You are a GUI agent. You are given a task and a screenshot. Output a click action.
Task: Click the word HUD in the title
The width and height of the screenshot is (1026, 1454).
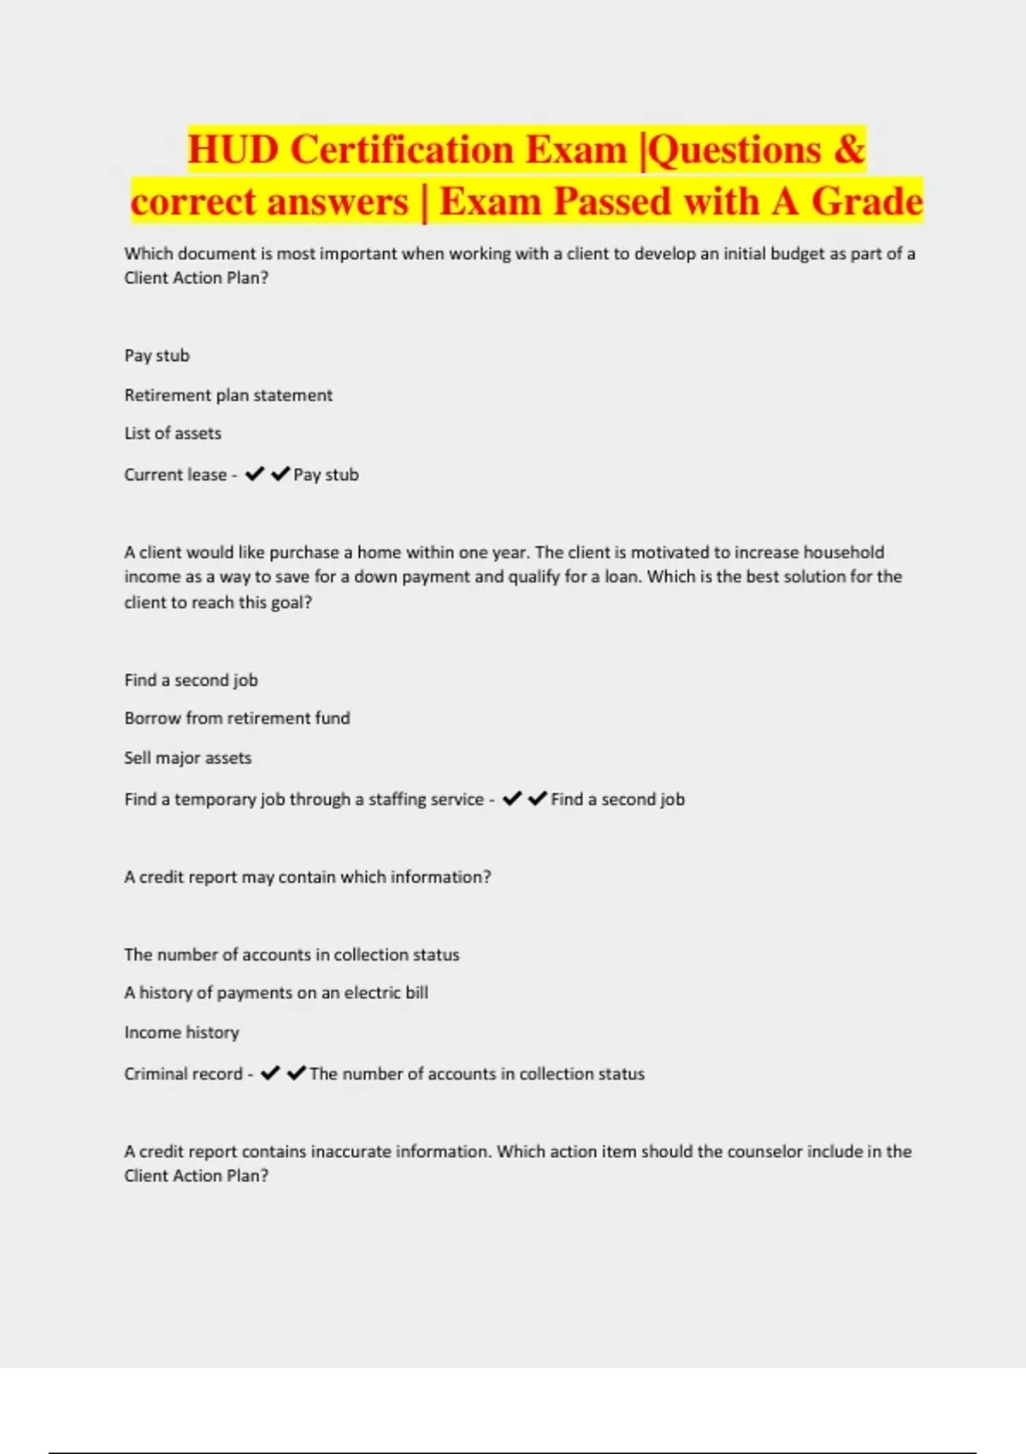[x=233, y=150]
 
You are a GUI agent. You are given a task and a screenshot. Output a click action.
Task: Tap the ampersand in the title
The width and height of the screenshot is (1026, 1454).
[x=848, y=150]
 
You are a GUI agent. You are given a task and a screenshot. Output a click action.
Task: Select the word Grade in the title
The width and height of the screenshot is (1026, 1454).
[x=867, y=202]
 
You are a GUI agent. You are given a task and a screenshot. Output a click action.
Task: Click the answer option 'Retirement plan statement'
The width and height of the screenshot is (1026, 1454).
[x=228, y=395]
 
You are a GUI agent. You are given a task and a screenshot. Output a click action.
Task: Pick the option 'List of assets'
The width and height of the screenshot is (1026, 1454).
[x=173, y=434]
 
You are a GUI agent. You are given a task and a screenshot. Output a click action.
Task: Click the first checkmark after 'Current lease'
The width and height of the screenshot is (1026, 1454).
[x=254, y=474]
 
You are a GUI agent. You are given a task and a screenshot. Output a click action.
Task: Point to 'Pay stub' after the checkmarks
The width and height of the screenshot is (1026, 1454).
[x=326, y=475]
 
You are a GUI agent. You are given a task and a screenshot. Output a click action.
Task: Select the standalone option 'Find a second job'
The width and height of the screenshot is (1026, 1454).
[x=191, y=680]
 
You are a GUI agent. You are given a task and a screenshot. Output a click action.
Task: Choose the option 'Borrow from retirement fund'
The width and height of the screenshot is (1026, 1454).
[x=237, y=718]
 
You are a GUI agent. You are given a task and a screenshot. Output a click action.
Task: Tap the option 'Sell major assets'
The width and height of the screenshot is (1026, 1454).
[x=188, y=758]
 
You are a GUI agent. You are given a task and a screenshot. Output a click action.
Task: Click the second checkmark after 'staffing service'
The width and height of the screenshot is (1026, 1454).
[x=537, y=799]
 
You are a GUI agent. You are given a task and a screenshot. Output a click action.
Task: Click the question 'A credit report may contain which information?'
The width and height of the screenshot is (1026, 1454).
[x=308, y=877]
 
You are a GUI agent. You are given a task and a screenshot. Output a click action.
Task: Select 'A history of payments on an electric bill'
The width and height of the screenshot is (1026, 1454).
[x=276, y=993]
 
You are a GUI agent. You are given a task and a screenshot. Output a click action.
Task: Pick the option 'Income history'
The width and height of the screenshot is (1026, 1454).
[x=181, y=1032]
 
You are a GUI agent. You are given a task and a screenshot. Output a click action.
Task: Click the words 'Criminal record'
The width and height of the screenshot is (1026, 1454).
[x=183, y=1073]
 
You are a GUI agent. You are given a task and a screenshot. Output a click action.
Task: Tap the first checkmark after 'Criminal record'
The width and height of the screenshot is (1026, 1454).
[x=270, y=1073]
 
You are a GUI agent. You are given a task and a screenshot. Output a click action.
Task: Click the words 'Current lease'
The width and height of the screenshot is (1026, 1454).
[x=175, y=475]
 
